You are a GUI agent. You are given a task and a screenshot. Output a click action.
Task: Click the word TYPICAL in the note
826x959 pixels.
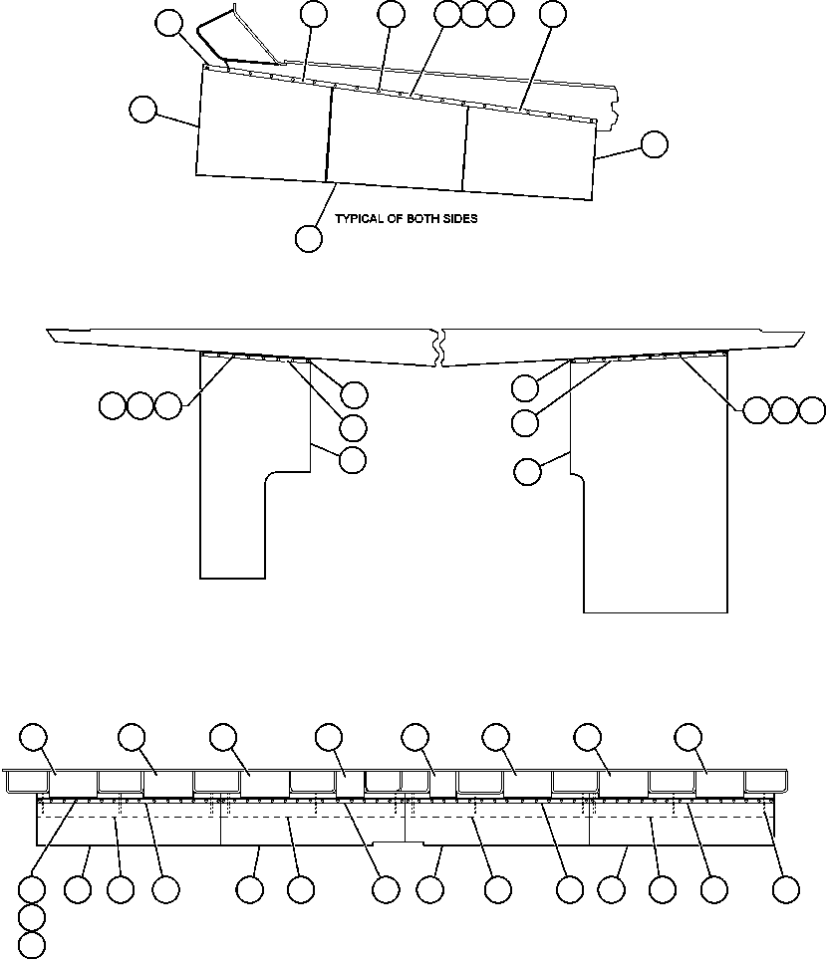360,219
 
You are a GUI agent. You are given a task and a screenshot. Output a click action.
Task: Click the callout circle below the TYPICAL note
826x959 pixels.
309,239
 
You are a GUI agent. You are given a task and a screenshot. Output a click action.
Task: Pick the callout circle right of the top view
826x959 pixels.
654,144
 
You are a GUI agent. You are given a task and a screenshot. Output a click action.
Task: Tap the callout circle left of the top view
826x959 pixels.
143,110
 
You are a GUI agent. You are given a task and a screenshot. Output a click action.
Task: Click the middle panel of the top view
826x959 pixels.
397,139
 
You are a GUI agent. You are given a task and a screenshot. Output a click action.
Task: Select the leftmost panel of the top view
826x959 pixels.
264,124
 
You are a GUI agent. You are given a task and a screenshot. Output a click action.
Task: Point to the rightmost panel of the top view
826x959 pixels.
528,154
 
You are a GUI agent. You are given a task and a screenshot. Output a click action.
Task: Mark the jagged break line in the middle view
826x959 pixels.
439,349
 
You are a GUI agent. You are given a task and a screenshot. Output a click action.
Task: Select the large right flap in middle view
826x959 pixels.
653,498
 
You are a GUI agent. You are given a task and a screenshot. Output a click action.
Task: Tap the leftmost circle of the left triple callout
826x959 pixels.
113,405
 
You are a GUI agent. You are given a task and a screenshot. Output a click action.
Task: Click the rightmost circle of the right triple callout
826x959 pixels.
813,410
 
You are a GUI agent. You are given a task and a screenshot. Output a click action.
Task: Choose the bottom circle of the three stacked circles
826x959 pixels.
33,945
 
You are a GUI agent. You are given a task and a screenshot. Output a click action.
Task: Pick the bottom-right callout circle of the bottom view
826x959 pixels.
787,889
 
